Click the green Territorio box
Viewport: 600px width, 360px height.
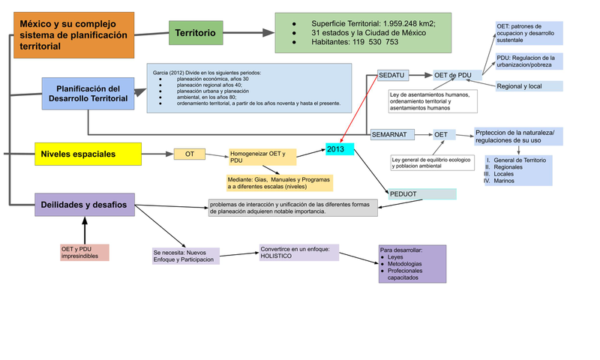pos(196,33)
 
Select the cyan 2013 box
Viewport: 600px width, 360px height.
pos(340,148)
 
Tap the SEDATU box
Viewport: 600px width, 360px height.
pos(393,75)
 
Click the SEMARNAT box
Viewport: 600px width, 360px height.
pos(392,135)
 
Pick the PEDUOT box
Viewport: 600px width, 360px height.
pos(422,194)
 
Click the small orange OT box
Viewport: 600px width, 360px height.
pos(190,154)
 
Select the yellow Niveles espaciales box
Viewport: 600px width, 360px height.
pos(88,154)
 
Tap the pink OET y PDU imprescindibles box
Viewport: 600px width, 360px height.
pos(85,253)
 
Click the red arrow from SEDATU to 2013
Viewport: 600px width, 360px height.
pos(359,109)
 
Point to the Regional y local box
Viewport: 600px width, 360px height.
pos(529,86)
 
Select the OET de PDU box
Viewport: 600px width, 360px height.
pos(457,75)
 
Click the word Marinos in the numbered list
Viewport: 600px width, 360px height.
pos(504,181)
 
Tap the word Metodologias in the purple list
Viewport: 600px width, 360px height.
pos(404,263)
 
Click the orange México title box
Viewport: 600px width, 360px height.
pos(73,35)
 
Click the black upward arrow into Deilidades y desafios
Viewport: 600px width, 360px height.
pos(85,230)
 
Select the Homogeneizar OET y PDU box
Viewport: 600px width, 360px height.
pos(262,157)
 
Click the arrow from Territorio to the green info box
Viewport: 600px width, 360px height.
pos(249,33)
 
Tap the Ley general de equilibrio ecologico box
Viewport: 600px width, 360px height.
pos(433,163)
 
